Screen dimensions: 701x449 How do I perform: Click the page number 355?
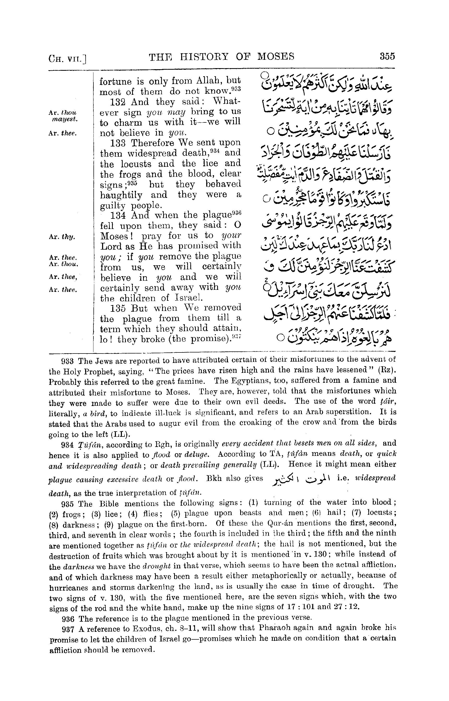click(x=387, y=56)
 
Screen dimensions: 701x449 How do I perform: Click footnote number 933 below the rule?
click(x=69, y=361)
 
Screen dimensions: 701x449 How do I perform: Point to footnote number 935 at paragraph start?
click(x=69, y=504)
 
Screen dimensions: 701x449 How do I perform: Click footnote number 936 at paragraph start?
click(x=69, y=618)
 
